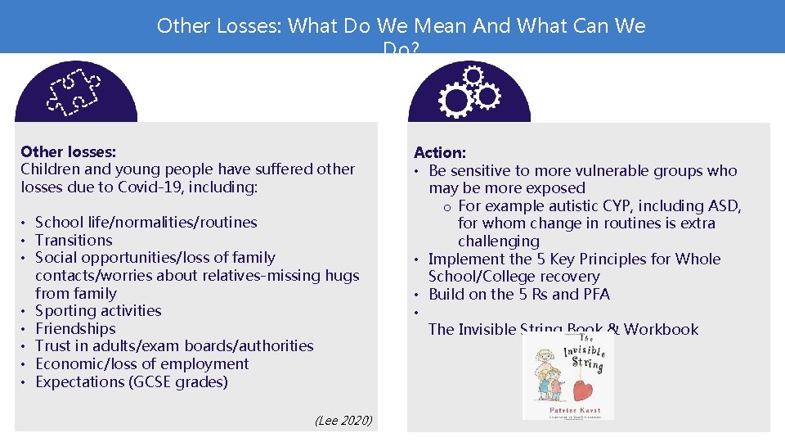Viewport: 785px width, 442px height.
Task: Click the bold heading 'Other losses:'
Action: pyautogui.click(x=68, y=151)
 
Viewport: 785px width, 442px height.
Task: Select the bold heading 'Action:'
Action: pyautogui.click(x=440, y=152)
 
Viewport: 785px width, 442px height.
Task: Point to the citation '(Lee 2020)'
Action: pyautogui.click(x=343, y=421)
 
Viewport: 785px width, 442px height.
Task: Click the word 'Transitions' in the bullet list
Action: pyautogui.click(x=74, y=240)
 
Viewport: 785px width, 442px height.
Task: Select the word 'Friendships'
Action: pyautogui.click(x=75, y=328)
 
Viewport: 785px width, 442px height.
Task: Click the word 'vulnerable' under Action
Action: pyautogui.click(x=607, y=170)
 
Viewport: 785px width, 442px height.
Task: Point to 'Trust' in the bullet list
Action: pyautogui.click(x=53, y=345)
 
